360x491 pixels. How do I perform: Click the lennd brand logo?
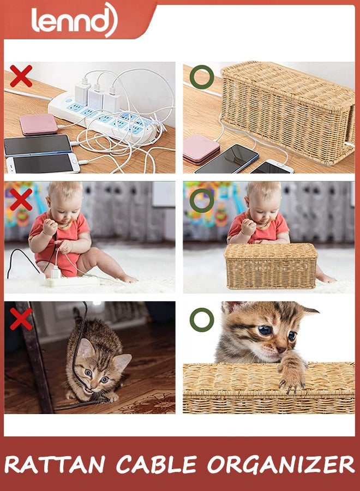point(74,20)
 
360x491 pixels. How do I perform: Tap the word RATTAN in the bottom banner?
point(55,465)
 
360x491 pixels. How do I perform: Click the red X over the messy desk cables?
point(21,76)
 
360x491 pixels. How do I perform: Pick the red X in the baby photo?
point(21,200)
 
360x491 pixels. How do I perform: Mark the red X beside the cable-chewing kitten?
point(21,319)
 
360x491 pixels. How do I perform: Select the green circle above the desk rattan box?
point(201,77)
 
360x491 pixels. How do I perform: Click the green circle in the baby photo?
point(201,200)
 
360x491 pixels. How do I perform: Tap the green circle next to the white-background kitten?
point(201,320)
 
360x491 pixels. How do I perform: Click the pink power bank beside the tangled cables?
point(39,124)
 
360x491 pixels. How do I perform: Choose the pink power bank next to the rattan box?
point(201,149)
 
